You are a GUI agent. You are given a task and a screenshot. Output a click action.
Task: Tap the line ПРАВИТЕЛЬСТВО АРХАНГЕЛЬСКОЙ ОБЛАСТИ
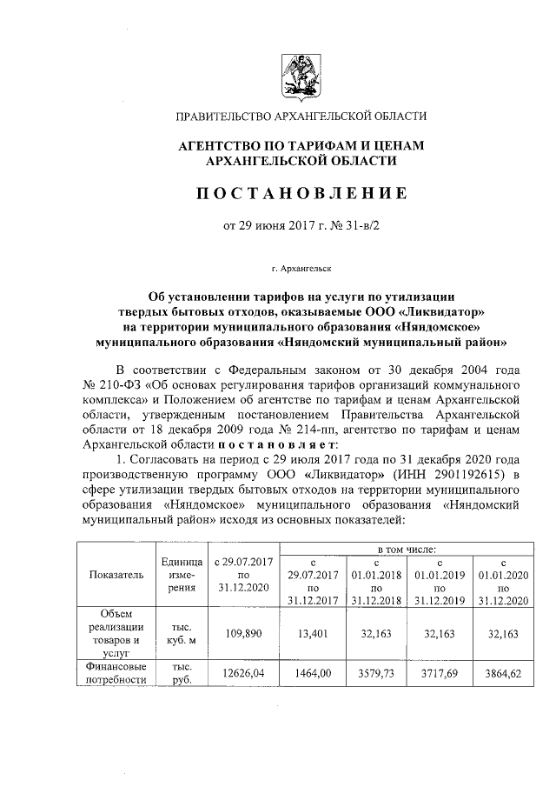(x=301, y=116)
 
